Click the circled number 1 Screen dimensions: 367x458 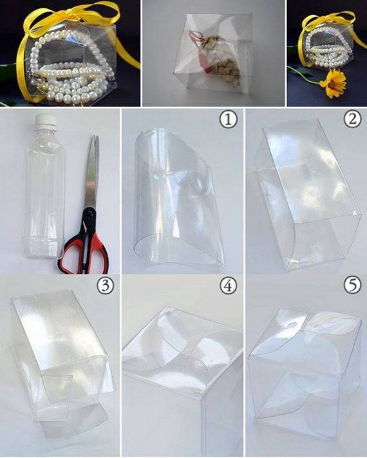[x=229, y=120]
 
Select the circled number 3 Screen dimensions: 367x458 [x=106, y=287]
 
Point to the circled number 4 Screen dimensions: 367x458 [x=229, y=286]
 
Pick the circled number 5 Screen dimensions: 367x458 [x=353, y=285]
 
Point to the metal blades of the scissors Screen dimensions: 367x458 [x=92, y=173]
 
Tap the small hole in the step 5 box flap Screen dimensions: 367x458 [x=291, y=325]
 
